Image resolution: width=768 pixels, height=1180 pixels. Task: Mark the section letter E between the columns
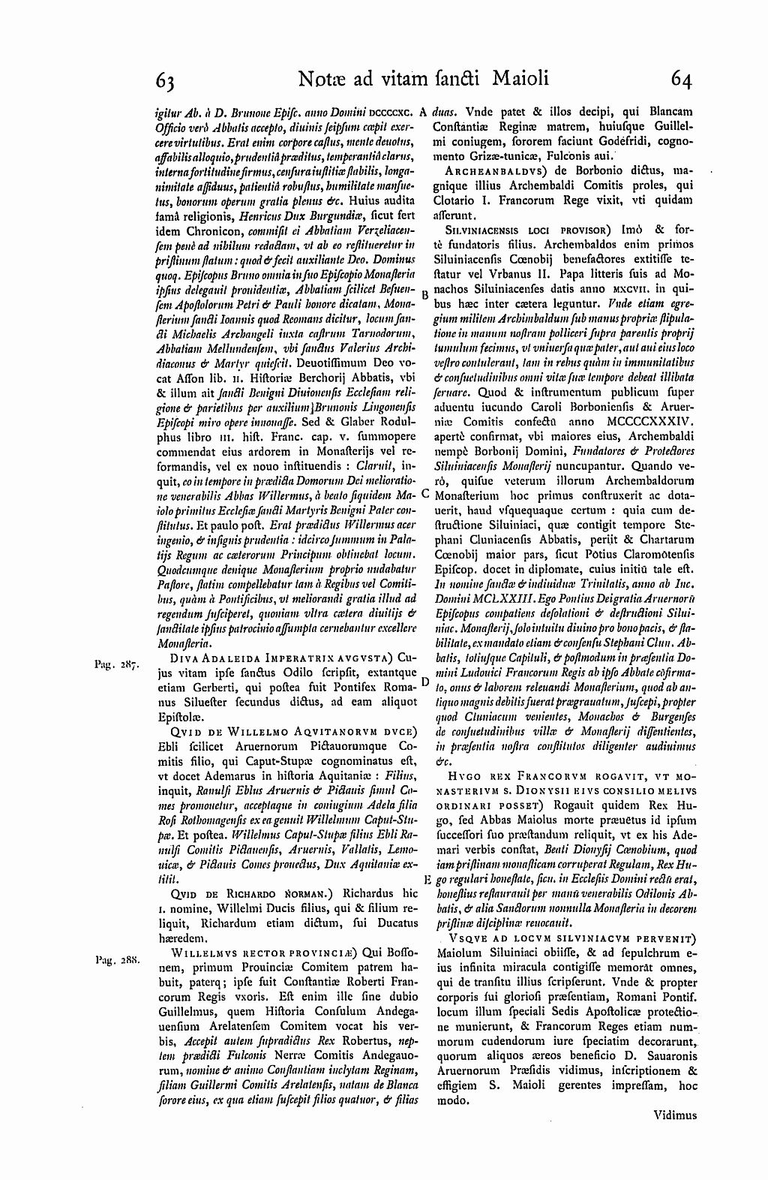click(x=426, y=880)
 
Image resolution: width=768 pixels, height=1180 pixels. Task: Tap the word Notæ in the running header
click(x=320, y=78)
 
